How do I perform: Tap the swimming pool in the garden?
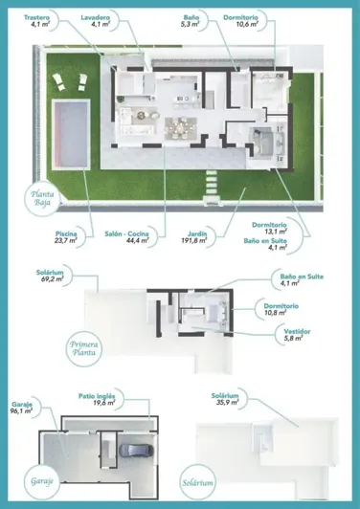tap(72, 130)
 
